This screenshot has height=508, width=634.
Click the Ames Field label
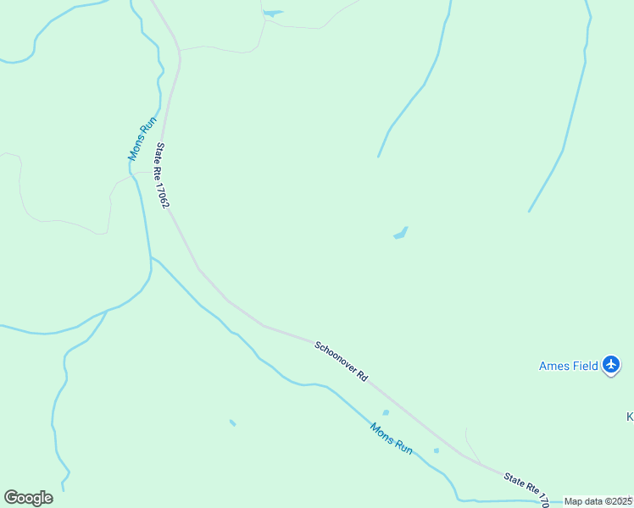[x=569, y=366]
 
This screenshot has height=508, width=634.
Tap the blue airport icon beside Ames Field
[x=612, y=365]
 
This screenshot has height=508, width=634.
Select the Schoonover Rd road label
[x=341, y=361]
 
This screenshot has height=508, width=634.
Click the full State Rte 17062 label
[x=162, y=176]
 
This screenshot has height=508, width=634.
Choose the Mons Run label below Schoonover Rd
[x=391, y=438]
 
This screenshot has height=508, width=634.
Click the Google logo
[x=28, y=497]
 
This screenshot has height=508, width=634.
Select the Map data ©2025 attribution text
[x=598, y=501]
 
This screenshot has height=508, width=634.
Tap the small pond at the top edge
[x=272, y=14]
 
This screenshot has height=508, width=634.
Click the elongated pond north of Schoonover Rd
[x=400, y=233]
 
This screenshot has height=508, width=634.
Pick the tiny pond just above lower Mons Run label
[x=386, y=413]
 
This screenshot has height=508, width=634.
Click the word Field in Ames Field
[x=584, y=366]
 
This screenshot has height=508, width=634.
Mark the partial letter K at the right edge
[x=630, y=417]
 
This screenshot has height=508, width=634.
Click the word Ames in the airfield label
[x=553, y=366]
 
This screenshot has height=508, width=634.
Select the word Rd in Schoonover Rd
[x=362, y=375]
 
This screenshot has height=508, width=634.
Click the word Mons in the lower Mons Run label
[x=381, y=431]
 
